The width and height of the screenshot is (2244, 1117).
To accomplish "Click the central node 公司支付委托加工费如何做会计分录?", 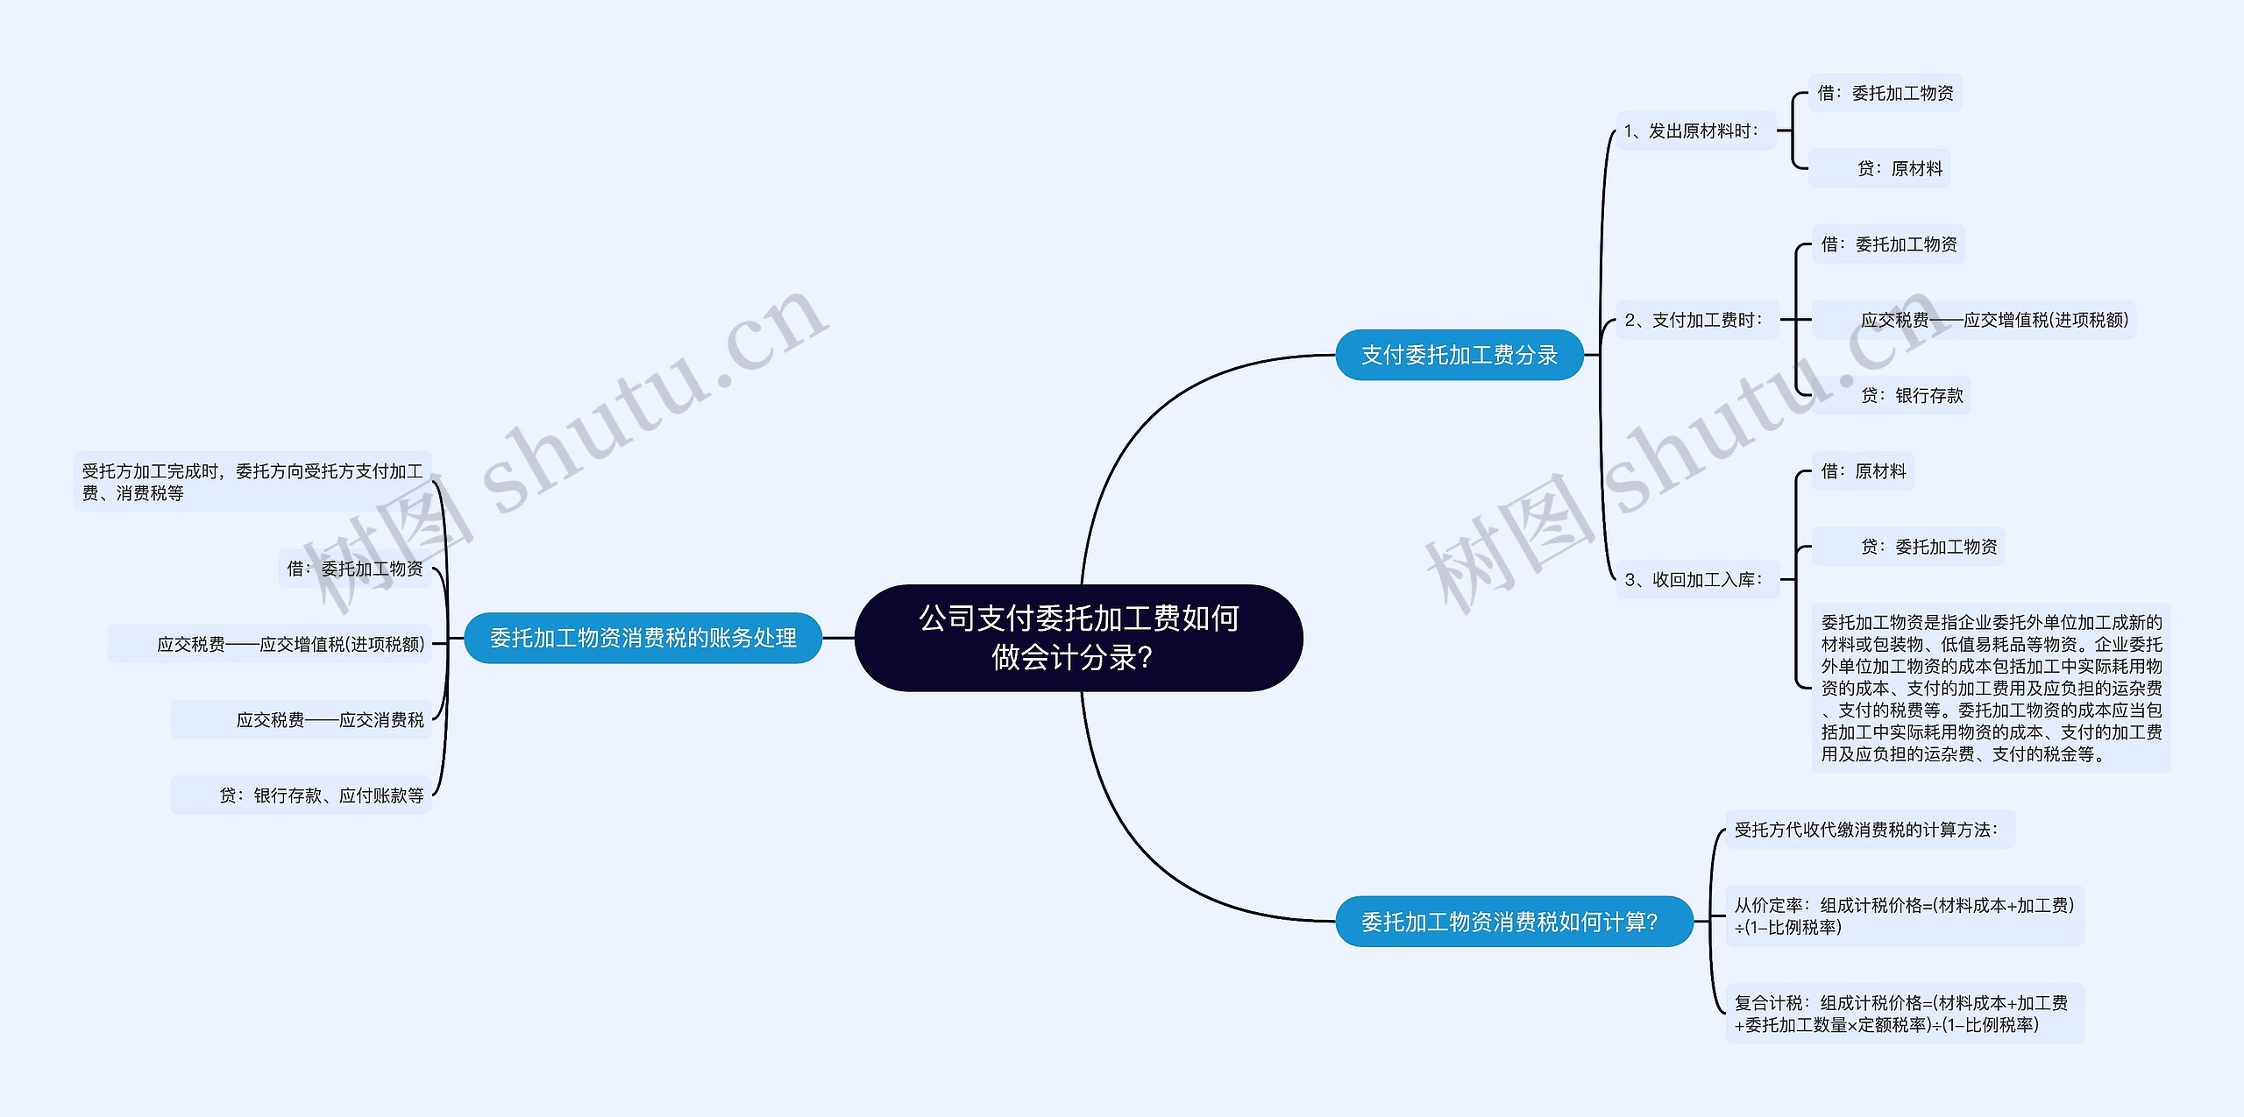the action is coord(1078,638).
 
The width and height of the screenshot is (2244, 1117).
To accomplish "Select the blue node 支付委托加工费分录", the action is coord(1459,355).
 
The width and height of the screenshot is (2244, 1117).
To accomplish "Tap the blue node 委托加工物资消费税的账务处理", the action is coord(643,638).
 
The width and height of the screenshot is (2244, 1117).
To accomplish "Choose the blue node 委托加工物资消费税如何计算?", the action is coord(1513,922).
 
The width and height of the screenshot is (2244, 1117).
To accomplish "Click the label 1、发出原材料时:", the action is coord(1695,131).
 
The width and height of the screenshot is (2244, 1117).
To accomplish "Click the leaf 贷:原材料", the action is coord(1899,168).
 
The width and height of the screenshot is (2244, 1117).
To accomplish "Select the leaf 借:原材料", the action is coord(1863,471).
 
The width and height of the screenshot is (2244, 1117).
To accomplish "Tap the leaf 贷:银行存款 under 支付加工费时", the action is coord(1911,395).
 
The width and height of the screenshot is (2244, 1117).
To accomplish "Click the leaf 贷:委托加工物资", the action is coord(1928,547).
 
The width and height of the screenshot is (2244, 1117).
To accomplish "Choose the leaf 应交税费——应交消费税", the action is coord(330,719).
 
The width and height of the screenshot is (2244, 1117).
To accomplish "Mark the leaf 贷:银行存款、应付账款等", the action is coord(321,795).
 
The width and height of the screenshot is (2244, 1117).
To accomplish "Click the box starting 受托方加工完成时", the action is coord(252,482).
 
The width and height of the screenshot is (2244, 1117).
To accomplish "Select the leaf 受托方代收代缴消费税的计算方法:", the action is coord(1869,830).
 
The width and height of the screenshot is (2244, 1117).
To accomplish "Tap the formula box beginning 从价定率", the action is coord(1904,916).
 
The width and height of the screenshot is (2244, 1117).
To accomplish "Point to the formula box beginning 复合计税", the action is coord(1904,1014).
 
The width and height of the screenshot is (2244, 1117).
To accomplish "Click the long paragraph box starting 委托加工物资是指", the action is coord(1991,688).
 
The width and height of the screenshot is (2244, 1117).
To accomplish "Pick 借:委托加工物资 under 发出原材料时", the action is coord(1885,93).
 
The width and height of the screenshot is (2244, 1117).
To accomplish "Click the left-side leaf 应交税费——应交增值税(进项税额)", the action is coord(290,644).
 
